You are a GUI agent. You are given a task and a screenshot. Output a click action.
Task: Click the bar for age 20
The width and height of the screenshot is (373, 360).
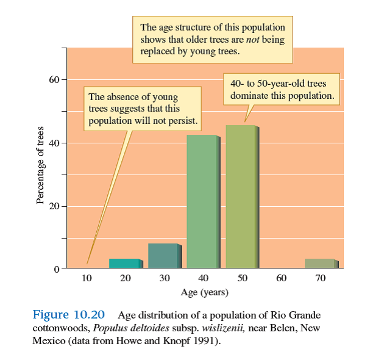point(124,264)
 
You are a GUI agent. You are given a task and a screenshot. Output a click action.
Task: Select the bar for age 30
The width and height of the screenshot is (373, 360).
point(163,256)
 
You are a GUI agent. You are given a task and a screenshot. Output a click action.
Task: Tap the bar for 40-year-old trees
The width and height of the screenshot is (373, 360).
point(202,202)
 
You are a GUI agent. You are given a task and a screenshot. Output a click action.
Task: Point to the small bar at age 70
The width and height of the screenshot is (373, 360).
point(320,264)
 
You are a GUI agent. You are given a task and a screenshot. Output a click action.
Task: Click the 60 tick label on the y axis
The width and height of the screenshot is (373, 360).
point(54,80)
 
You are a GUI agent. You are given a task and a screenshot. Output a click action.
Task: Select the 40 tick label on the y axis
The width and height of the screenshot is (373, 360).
point(54,143)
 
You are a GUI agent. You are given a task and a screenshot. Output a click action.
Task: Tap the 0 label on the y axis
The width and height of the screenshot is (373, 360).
point(57,269)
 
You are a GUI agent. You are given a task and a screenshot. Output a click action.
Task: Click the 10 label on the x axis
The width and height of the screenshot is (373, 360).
point(87,278)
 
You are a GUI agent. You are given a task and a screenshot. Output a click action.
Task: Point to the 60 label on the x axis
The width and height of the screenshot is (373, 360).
point(282,278)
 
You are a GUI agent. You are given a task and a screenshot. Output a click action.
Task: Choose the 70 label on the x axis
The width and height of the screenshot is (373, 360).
point(321,278)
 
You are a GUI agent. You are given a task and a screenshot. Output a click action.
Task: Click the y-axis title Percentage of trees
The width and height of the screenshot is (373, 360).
point(40,165)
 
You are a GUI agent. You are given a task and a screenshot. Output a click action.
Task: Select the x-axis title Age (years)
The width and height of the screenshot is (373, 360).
point(205,292)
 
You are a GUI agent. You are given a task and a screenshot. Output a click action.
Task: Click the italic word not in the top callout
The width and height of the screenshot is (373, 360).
point(254,40)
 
